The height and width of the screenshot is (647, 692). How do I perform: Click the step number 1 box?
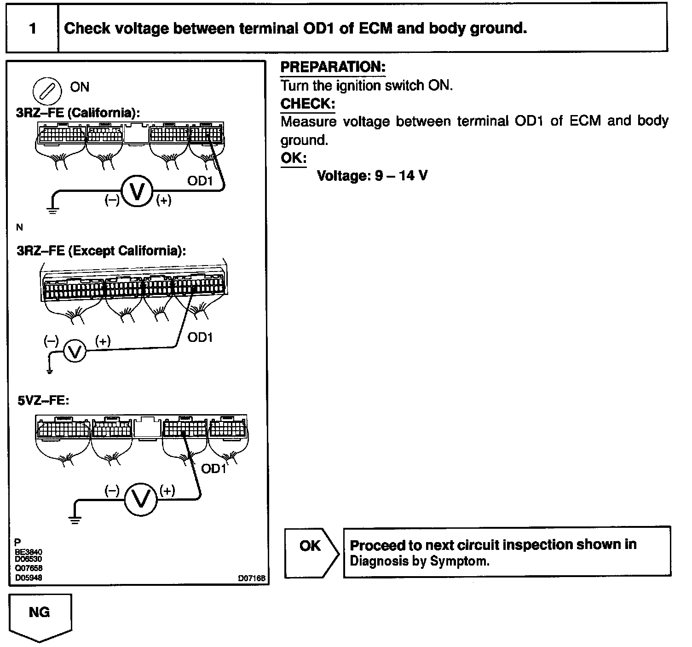click(x=32, y=29)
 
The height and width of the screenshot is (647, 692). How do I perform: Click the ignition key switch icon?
click(x=47, y=91)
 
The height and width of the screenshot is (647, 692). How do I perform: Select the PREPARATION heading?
click(x=333, y=67)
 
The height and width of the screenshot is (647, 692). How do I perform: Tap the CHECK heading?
click(x=308, y=104)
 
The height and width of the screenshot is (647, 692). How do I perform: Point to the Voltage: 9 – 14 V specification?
click(x=372, y=175)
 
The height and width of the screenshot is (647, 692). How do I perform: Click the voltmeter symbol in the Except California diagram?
click(x=74, y=352)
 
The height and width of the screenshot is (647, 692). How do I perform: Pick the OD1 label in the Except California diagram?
click(x=200, y=337)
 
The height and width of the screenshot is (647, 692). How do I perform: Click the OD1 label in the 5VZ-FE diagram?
click(x=214, y=468)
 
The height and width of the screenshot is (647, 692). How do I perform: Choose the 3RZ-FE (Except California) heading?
click(x=101, y=251)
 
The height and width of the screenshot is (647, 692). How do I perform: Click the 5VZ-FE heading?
click(x=43, y=401)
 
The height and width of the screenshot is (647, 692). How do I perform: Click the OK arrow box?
click(x=311, y=552)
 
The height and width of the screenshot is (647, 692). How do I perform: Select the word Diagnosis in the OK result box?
click(x=372, y=561)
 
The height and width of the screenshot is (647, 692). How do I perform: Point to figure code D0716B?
click(x=252, y=578)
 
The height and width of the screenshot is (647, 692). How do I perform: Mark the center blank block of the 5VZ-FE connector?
click(x=148, y=428)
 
